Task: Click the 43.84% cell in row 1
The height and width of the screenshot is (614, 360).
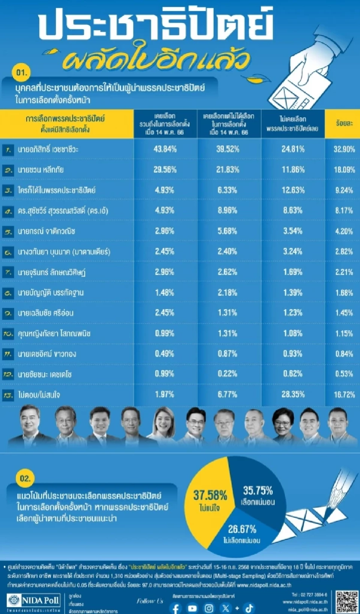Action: click(x=165, y=149)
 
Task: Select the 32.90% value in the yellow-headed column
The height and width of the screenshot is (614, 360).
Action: click(x=344, y=149)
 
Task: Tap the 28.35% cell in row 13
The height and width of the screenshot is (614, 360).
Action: click(x=293, y=394)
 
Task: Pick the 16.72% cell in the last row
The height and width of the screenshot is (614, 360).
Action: click(x=344, y=394)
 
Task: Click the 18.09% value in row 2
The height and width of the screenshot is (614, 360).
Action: click(x=344, y=170)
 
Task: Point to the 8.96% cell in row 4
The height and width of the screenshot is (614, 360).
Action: click(x=227, y=211)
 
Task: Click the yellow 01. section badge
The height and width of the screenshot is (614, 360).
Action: click(x=22, y=72)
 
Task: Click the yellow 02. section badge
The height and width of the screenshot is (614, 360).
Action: click(x=25, y=478)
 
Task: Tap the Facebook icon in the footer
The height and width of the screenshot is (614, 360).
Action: click(x=175, y=608)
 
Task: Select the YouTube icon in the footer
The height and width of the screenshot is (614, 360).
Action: click(x=192, y=608)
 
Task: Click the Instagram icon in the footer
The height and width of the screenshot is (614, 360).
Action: click(x=209, y=608)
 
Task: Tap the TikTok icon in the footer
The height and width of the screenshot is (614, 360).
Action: click(x=249, y=608)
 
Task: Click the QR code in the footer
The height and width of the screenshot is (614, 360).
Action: click(x=347, y=602)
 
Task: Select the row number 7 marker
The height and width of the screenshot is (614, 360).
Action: click(x=8, y=272)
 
